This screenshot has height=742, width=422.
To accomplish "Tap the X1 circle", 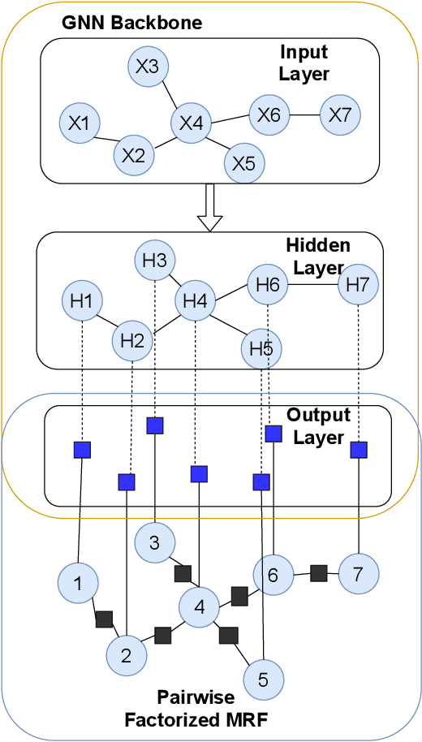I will [x=79, y=124].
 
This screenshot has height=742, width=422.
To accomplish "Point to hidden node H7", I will [x=357, y=285].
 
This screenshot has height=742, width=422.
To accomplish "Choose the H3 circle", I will [x=154, y=261].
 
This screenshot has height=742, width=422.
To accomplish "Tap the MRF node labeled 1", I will [x=78, y=583].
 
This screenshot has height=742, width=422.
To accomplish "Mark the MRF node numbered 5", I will [x=262, y=676].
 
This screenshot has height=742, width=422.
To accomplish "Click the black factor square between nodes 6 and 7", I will [x=319, y=573].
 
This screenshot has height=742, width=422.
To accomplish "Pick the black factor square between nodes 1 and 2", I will [x=104, y=619].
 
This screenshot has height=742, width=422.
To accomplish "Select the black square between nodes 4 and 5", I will [x=229, y=635].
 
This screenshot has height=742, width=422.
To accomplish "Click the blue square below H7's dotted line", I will [x=358, y=449].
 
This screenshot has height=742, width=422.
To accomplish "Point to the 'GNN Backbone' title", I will [x=132, y=22].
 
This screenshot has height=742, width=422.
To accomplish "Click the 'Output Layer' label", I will [x=318, y=425].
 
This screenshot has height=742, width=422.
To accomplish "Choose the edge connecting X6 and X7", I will [x=306, y=114].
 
